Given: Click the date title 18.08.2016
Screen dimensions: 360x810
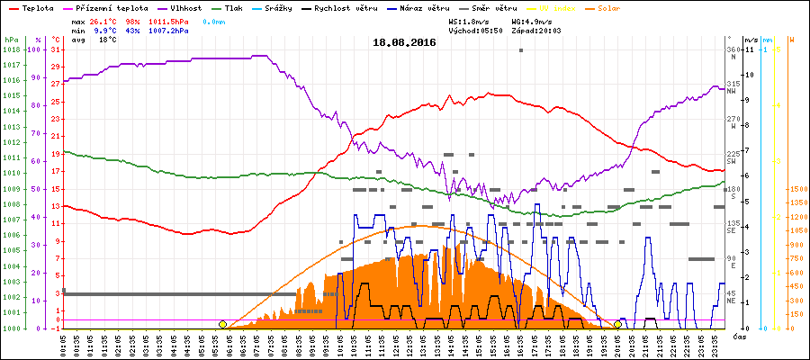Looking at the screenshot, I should click(x=404, y=41).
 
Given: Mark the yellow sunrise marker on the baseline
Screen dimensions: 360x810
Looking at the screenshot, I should click(x=222, y=324).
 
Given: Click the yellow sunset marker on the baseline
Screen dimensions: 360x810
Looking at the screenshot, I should click(x=617, y=324).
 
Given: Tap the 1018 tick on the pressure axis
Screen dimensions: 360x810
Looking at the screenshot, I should click(x=11, y=49).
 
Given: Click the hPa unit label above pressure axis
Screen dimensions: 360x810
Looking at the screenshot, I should click(x=11, y=40).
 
